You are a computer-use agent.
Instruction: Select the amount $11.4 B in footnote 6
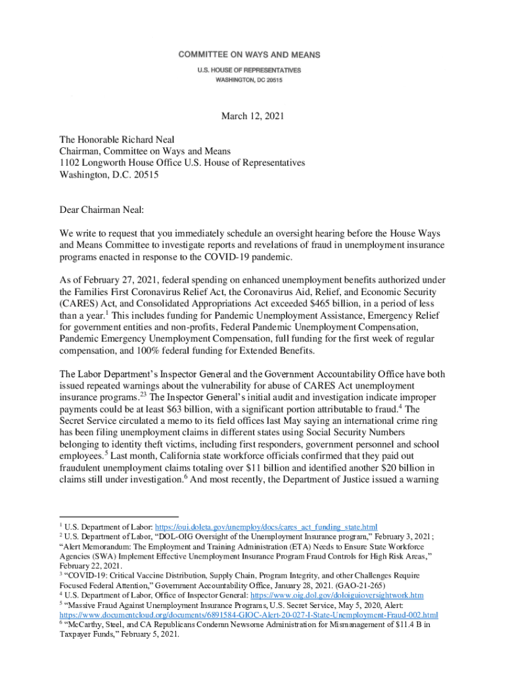coord(402,625)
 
